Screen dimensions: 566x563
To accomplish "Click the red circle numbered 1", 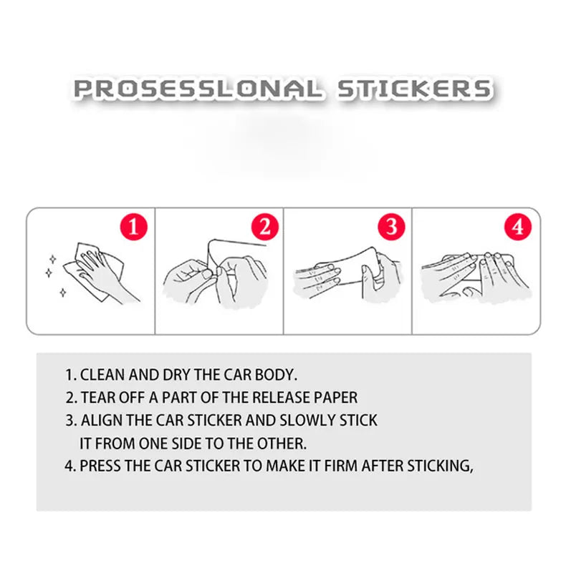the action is (x=133, y=227).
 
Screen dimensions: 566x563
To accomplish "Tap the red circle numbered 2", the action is (x=265, y=227).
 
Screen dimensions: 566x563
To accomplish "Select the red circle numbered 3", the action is (x=391, y=227).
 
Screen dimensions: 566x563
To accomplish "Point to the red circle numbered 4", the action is (x=518, y=227).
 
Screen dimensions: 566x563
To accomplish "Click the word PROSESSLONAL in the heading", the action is (x=197, y=89).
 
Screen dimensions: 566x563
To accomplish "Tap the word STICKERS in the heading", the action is (x=414, y=89).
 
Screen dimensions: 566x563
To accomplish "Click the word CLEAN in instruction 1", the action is (x=102, y=375).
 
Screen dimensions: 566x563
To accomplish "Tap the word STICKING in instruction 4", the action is (x=440, y=466).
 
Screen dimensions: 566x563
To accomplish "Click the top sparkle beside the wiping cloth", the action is (x=53, y=259).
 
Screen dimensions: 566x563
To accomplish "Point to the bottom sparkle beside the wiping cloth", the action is (x=63, y=293).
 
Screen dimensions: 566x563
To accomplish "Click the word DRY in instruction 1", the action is (x=176, y=375).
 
